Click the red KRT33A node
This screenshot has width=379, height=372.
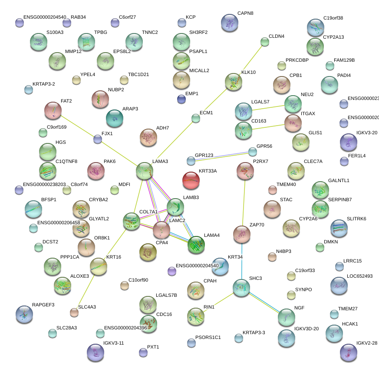coord(191,180)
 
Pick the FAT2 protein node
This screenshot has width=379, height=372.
coord(53,110)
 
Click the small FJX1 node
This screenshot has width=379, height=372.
coord(98,139)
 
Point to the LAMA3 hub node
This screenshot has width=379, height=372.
coord(145,171)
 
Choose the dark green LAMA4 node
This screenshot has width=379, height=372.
coord(196,245)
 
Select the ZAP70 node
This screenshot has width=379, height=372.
coord(242,234)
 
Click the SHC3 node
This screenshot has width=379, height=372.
coord(241,288)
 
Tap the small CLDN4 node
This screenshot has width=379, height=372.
coord(265,42)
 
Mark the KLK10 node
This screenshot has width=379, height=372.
coord(234,82)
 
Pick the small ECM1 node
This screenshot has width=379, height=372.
coord(196,118)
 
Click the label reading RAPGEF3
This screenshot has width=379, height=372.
coord(43,305)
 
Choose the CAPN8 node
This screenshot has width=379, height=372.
coord(230,23)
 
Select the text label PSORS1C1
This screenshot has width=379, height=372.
coord(208,337)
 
